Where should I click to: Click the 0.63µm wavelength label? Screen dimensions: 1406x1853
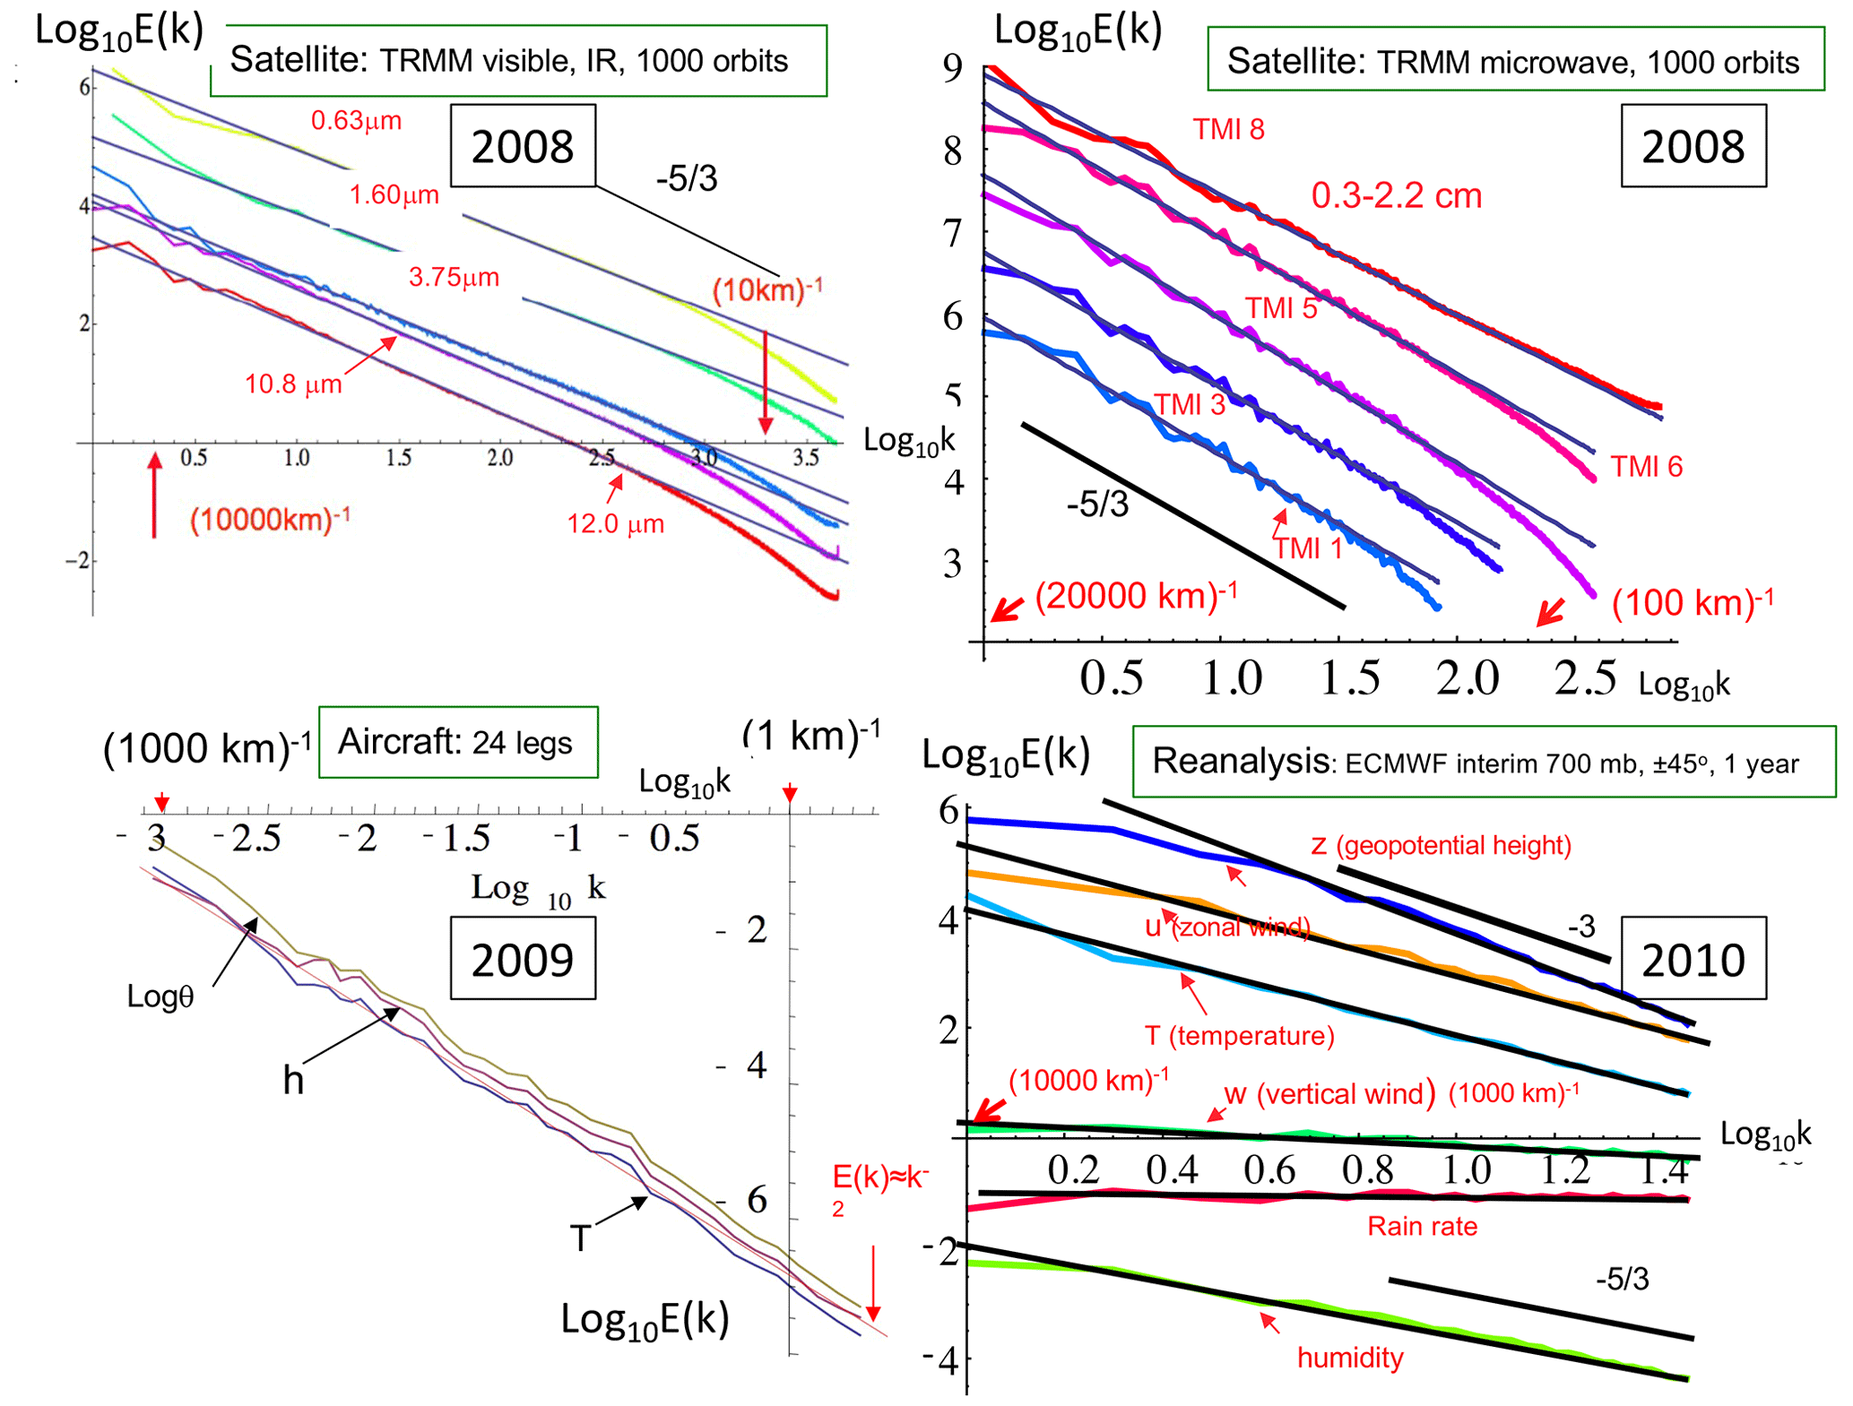pos(356,120)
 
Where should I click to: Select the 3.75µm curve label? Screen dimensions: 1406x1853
pos(454,277)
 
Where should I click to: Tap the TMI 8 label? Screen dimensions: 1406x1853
pos(1228,130)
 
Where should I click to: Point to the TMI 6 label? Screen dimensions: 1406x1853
pos(1646,467)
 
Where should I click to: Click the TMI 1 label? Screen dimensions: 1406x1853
pos(1309,548)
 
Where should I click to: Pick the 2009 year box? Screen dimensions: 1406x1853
pos(523,959)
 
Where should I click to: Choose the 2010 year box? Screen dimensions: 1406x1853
pos(1693,959)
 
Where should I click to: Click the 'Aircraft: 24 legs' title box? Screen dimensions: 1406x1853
pos(457,743)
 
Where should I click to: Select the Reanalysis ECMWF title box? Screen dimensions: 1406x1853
pos(1484,762)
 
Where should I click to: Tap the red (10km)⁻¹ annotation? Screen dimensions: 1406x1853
pos(767,290)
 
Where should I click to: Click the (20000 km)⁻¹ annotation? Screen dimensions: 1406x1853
pos(1136,596)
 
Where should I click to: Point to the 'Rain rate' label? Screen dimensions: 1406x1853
pos(1422,1226)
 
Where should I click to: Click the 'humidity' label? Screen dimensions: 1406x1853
pos(1350,1358)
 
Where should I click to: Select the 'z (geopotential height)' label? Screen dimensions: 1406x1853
pos(1441,845)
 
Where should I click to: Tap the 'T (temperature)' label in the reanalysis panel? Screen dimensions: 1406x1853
pos(1239,1036)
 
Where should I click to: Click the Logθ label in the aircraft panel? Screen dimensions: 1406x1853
pos(160,996)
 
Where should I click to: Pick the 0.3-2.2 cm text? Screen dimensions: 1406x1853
pos(1396,196)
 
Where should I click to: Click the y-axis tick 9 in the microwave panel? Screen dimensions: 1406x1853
pos(953,68)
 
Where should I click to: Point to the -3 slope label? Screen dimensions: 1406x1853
pos(1581,927)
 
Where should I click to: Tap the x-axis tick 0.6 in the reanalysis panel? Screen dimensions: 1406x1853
pos(1269,1170)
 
